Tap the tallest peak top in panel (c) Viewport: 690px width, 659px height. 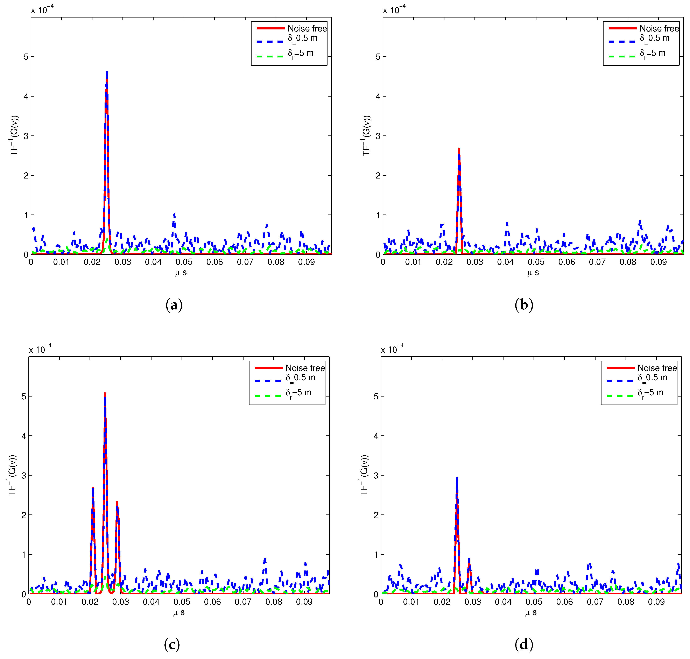[x=105, y=394]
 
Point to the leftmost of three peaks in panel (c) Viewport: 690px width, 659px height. [x=93, y=489]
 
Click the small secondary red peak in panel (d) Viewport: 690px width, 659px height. [x=469, y=560]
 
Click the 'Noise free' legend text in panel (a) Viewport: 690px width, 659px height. [x=307, y=28]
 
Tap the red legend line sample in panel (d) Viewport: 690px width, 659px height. [x=620, y=368]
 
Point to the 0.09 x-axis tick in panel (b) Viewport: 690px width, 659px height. [x=658, y=262]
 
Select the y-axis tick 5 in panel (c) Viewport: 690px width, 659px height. [x=24, y=397]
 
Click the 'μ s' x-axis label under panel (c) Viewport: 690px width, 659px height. [x=179, y=612]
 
